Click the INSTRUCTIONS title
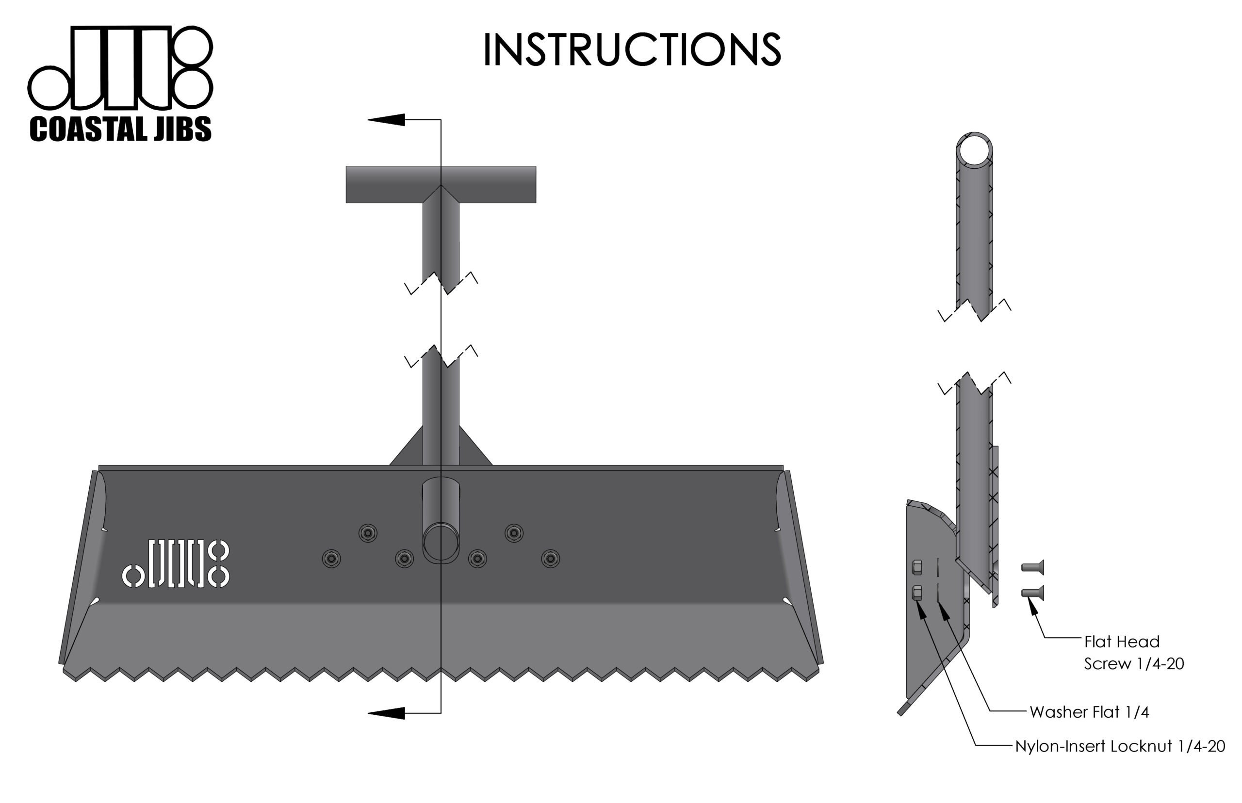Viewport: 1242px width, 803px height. (632, 49)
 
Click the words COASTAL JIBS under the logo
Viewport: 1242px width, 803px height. (120, 129)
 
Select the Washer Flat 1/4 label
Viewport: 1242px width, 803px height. (1089, 712)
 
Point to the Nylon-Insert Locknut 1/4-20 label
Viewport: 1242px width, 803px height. (1119, 746)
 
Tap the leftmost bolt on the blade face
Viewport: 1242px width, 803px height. (331, 559)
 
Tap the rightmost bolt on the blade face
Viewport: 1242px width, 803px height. (550, 559)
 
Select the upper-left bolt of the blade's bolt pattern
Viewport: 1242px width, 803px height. (368, 533)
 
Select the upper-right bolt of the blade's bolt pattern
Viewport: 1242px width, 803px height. (514, 533)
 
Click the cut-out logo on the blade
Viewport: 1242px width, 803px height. (176, 563)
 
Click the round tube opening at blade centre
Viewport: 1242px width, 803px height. (441, 542)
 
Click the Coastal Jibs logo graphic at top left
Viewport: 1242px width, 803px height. (120, 68)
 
